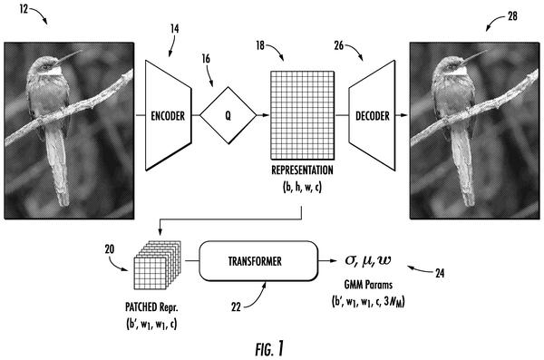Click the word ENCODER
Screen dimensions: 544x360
168,115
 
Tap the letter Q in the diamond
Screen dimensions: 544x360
228,115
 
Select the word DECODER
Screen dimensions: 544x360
373,115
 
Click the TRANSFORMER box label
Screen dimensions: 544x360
255,261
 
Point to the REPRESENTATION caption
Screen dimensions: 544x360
302,170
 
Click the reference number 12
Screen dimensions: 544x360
24,9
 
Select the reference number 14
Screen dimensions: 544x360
174,28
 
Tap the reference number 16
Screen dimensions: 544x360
206,59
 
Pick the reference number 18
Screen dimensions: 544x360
260,45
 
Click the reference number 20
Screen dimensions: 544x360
110,248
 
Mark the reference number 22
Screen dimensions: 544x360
236,306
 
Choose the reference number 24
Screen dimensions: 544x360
440,273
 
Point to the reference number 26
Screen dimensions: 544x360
339,45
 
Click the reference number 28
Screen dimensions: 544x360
512,16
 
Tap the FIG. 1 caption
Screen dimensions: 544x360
269,348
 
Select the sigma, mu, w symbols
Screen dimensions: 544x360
368,260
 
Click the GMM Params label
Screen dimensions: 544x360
368,285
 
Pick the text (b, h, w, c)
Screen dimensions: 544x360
302,187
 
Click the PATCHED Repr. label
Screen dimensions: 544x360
151,306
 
